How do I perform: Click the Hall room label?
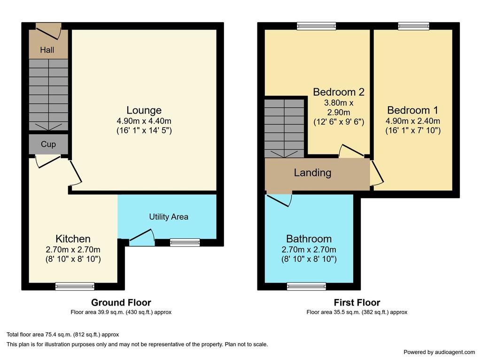(47, 50)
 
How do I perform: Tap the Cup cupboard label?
(48, 145)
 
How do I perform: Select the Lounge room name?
(144, 110)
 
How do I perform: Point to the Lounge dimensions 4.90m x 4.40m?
(144, 121)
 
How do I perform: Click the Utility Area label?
(169, 217)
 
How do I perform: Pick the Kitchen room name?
(73, 238)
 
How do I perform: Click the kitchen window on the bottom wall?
(75, 286)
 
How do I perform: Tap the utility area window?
(185, 243)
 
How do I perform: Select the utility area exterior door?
(142, 237)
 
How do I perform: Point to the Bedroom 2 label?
(339, 92)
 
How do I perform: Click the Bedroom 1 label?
(412, 110)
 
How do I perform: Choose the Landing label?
(312, 173)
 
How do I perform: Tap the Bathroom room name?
(309, 238)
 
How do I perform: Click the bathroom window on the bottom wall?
(306, 286)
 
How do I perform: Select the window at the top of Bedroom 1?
(413, 26)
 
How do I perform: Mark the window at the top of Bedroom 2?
(316, 26)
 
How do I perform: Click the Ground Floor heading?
(121, 303)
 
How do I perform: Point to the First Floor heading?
(357, 303)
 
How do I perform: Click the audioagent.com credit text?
(439, 352)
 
